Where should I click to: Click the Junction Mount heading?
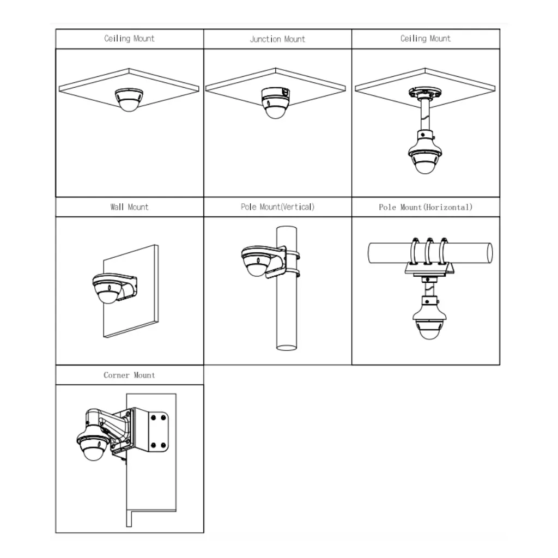pos(277,39)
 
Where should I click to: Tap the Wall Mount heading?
pos(129,207)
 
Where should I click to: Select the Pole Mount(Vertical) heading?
pos(277,207)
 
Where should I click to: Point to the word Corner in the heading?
pos(117,375)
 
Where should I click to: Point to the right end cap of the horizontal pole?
pos(488,253)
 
